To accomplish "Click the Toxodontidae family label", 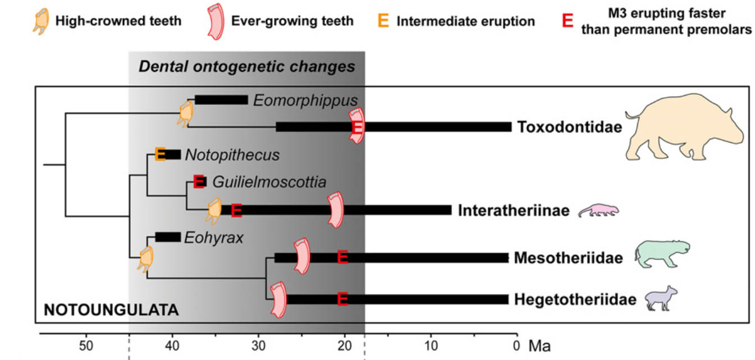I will pos(569,127).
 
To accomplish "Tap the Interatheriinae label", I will pos(514,211).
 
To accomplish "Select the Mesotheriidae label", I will pos(568,258).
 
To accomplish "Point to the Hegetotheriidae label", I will pos(575,299).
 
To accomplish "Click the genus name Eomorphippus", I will pos(305,101).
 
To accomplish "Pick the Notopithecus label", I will pos(232,154).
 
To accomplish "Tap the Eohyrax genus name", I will pos(216,237).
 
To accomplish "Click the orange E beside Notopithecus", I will pos(160,154).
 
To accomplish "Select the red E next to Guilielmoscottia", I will pos(199,181).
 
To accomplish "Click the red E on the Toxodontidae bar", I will pos(358,128).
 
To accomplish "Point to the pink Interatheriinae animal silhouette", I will pos(598,210).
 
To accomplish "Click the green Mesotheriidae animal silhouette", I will pos(661,253).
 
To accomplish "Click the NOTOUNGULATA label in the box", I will pos(111,310).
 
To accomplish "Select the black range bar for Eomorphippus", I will pos(221,100).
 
